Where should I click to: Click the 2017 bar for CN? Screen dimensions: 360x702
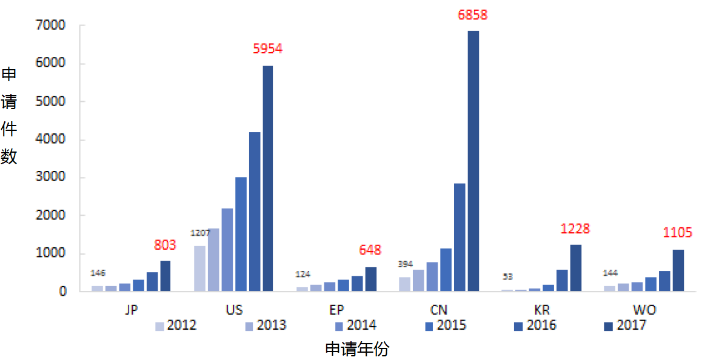point(473,161)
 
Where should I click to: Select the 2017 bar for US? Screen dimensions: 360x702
point(268,178)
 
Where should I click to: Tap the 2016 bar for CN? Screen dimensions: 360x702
point(460,237)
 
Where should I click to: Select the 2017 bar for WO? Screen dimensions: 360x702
point(678,270)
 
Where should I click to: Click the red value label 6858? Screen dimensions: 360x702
point(472,15)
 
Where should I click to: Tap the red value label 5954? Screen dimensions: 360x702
point(267,49)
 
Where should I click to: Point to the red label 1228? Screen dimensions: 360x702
point(575,229)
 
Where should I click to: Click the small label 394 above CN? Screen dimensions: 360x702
point(405,264)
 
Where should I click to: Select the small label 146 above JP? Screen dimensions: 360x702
point(98,273)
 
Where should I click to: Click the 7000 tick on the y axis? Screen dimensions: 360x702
point(51,26)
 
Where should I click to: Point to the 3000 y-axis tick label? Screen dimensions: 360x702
point(51,178)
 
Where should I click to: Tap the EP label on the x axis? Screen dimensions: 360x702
point(336,310)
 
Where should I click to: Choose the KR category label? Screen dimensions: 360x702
point(542,310)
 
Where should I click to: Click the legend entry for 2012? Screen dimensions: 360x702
point(176,325)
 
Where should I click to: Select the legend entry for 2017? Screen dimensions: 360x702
point(625,325)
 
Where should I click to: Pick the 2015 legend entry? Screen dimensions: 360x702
point(445,325)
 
